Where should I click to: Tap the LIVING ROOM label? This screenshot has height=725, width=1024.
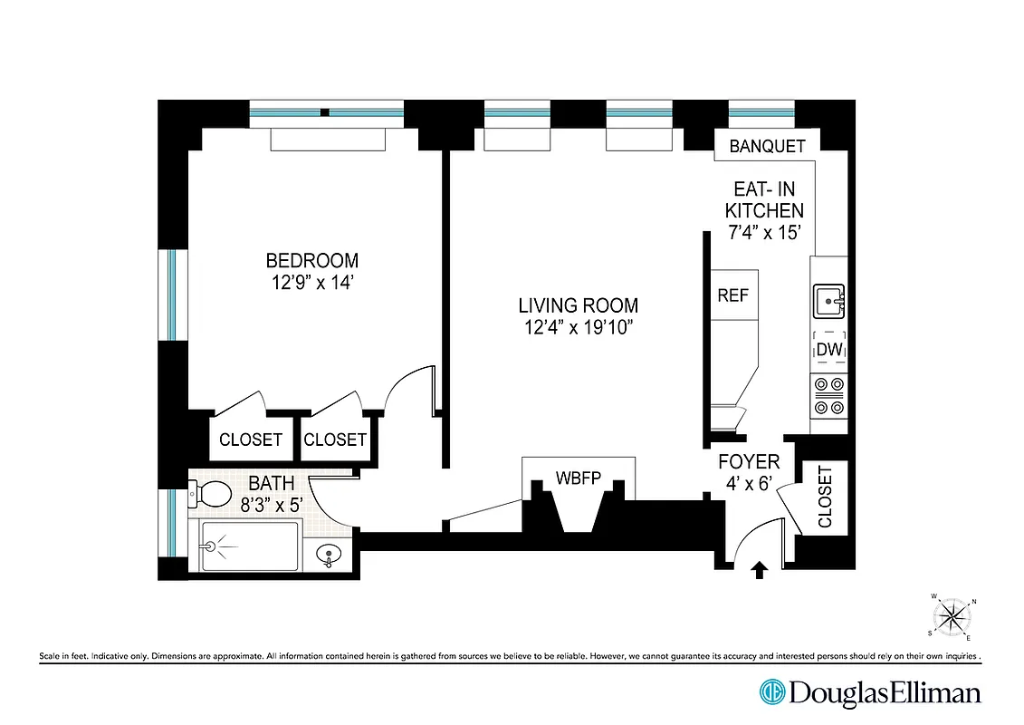point(578,305)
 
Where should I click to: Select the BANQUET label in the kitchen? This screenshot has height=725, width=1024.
point(767,146)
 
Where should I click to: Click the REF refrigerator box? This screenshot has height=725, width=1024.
point(732,295)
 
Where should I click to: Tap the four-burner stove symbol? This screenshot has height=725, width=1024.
point(828,395)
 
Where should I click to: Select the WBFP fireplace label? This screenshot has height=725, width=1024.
point(578,478)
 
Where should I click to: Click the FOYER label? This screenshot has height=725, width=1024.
point(749,461)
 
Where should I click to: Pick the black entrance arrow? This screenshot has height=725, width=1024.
point(760,569)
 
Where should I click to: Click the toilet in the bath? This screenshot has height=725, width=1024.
point(211,495)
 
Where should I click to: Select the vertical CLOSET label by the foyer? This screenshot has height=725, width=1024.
point(825,497)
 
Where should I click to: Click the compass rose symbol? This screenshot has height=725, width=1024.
point(952,617)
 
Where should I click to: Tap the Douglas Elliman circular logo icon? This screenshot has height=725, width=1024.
point(772,692)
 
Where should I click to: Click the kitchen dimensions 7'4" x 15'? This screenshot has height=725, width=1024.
point(767,232)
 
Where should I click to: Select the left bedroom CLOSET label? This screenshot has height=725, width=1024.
point(251,440)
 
